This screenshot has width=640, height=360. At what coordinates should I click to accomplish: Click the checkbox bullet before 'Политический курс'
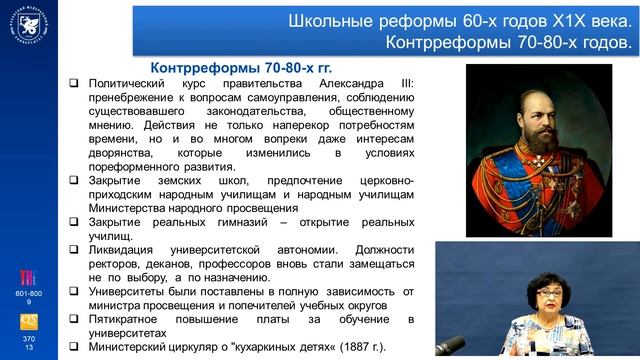click(75, 84)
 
